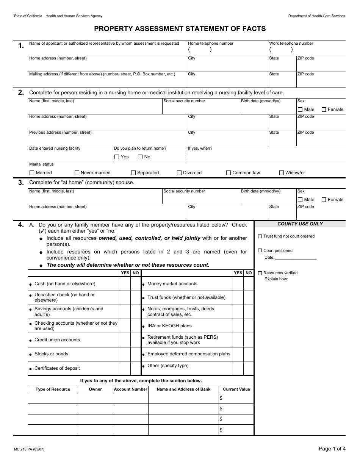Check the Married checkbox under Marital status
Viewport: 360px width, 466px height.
coord(32,173)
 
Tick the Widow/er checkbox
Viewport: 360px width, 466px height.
coord(282,173)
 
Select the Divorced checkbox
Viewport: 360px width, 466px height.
coord(179,173)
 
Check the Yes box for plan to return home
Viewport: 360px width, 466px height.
coord(117,157)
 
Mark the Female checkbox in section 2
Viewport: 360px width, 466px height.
coord(324,109)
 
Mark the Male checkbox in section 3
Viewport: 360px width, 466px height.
coord(300,200)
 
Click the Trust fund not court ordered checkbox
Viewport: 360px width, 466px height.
coord(260,236)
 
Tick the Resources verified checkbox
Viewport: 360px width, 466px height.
coord(260,273)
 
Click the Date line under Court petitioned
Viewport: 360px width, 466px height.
coord(296,258)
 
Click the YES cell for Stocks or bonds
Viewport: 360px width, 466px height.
coord(125,354)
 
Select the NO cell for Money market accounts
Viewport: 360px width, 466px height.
coord(248,284)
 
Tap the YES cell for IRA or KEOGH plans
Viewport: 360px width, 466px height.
coord(238,326)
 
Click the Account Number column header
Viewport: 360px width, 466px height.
coord(130,389)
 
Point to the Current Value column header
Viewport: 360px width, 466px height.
coord(236,389)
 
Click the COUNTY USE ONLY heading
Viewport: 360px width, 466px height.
coord(300,224)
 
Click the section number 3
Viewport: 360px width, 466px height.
coord(21,183)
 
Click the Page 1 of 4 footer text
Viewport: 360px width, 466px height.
coord(332,449)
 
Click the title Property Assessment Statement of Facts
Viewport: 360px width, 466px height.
coord(180,28)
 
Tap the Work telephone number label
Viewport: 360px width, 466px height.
coord(291,44)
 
